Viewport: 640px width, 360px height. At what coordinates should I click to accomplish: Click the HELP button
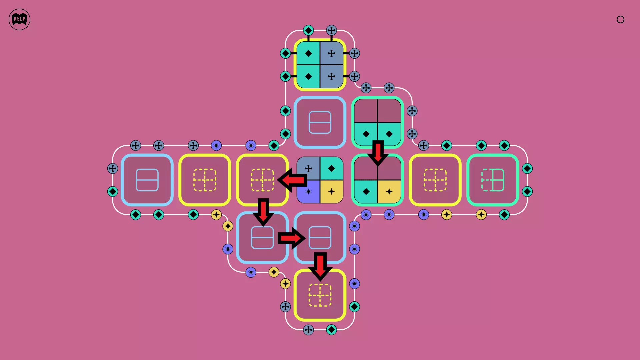tap(19, 19)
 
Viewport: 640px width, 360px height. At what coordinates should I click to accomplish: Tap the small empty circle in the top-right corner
tap(620, 19)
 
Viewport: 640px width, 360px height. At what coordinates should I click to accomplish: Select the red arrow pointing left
tap(292, 180)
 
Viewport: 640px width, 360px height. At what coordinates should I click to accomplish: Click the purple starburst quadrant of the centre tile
tap(308, 192)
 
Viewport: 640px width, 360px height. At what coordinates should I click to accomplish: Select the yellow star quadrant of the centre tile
tap(332, 192)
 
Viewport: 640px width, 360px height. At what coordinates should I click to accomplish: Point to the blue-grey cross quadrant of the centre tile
tap(308, 168)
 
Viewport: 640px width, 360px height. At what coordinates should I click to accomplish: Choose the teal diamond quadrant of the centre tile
tap(332, 168)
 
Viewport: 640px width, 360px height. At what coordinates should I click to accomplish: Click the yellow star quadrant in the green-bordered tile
tap(389, 192)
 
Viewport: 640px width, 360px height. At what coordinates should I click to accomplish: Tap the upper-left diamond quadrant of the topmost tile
tap(308, 53)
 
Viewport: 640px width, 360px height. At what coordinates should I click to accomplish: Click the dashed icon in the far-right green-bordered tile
tap(493, 180)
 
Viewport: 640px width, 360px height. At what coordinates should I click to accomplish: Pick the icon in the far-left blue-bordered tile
tap(147, 180)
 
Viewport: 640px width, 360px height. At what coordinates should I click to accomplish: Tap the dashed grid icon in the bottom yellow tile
tap(320, 295)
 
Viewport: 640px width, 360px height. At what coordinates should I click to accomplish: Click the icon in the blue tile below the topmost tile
tap(320, 122)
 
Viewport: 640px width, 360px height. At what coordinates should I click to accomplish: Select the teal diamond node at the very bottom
tap(331, 330)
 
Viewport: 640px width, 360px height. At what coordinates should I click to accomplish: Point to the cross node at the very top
tap(331, 30)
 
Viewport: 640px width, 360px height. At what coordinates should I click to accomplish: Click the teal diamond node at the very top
tap(308, 30)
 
